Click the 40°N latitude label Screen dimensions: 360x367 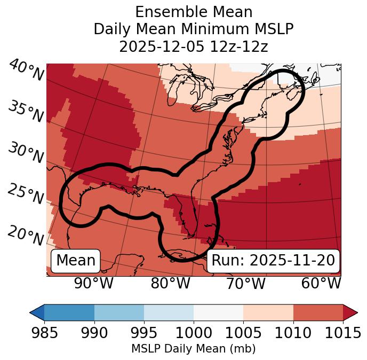pos(26,71)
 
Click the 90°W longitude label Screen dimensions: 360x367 pos(94,284)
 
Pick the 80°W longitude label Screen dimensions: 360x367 pos(170,284)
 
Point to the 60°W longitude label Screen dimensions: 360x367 pos(321,284)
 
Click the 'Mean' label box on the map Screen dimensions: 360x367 pos(76,261)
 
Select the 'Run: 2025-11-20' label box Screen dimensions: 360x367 pos(273,261)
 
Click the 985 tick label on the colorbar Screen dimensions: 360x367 pos(44,333)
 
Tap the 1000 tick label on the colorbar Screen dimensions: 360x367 pos(194,333)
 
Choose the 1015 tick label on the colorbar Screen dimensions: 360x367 pos(343,333)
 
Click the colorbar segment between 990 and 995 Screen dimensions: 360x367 pos(119,312)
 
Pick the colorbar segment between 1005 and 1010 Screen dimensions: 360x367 pos(268,312)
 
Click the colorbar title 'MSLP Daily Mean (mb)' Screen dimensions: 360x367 pos(193,349)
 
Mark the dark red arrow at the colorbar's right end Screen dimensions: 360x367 pos(350,312)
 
